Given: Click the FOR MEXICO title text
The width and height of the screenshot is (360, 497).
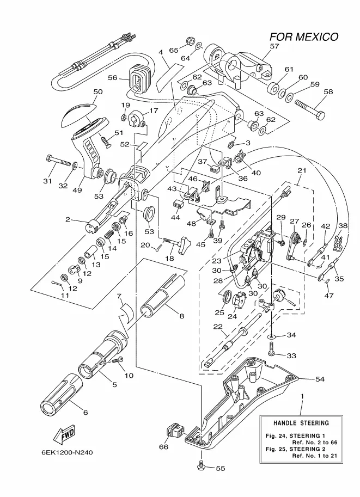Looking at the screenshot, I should pyautogui.click(x=304, y=37).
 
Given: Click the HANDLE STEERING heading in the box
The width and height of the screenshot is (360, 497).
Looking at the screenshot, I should pyautogui.click(x=301, y=423).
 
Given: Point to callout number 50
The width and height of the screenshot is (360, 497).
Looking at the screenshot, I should pyautogui.click(x=98, y=92).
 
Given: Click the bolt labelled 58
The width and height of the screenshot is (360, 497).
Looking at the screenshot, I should pyautogui.click(x=310, y=109).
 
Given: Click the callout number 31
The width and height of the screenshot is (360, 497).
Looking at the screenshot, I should pyautogui.click(x=47, y=181).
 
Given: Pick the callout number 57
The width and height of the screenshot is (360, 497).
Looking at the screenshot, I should pyautogui.click(x=274, y=47).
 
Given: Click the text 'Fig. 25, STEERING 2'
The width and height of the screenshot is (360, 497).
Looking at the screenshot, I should pyautogui.click(x=292, y=449).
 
